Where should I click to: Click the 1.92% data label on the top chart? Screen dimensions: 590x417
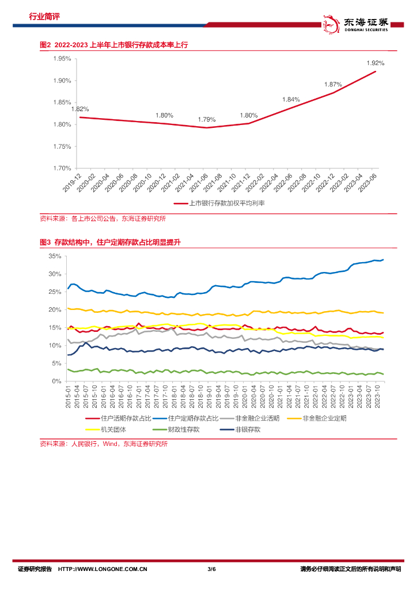(x=375, y=63)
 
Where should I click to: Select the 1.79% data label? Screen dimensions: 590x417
(x=206, y=120)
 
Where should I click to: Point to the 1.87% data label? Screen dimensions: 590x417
(x=333, y=84)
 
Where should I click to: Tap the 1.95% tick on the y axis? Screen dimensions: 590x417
(x=62, y=59)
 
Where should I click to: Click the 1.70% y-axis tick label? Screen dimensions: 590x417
(x=62, y=168)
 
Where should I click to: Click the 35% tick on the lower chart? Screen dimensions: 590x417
(x=55, y=256)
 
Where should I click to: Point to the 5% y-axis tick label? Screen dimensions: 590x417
(x=57, y=364)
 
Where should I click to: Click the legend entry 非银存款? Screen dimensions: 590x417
(x=248, y=429)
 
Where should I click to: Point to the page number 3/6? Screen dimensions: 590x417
(x=211, y=569)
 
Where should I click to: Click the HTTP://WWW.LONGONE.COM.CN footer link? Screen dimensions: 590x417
(x=103, y=569)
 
